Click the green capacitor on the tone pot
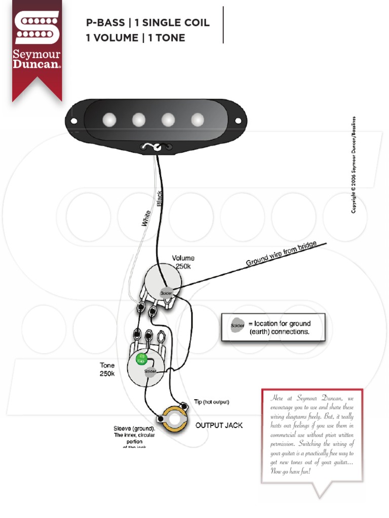click(x=141, y=360)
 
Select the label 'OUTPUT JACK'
click(x=219, y=425)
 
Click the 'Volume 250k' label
click(x=183, y=262)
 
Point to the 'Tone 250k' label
click(x=107, y=369)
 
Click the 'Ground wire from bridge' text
click(x=281, y=254)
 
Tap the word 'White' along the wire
click(x=146, y=218)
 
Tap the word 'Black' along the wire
click(x=160, y=199)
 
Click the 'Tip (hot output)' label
click(x=212, y=402)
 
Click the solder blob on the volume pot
click(x=167, y=293)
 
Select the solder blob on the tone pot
click(x=150, y=372)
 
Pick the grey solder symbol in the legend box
click(x=237, y=325)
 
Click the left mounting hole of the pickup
click(x=74, y=121)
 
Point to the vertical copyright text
click(x=354, y=164)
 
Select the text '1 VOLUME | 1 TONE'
click(x=136, y=38)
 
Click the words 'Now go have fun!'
click(x=290, y=471)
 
